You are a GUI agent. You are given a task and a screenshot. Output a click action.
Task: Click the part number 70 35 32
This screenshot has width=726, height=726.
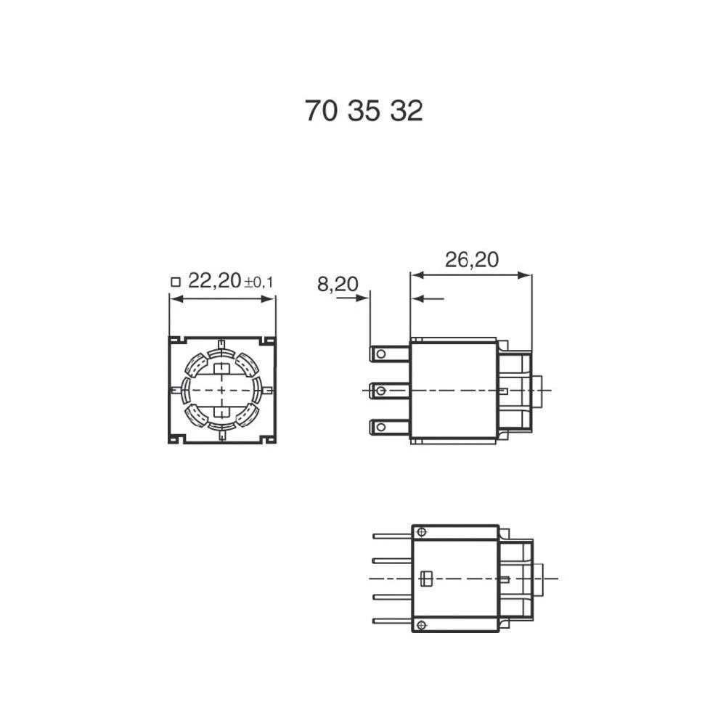363,111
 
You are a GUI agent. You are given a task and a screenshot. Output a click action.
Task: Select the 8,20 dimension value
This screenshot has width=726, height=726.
338,284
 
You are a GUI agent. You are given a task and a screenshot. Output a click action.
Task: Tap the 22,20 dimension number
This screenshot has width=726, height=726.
214,281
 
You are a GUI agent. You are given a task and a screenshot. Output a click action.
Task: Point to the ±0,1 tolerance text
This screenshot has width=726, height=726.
258,282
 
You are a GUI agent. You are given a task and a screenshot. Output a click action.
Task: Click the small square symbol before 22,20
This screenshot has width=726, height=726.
174,282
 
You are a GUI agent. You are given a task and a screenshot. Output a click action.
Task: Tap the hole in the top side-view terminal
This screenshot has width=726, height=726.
380,354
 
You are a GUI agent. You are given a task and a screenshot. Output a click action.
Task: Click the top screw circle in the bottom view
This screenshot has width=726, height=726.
422,532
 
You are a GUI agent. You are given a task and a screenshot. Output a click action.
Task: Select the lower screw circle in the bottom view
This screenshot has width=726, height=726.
422,625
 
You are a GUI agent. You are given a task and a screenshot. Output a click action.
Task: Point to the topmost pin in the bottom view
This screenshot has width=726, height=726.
391,536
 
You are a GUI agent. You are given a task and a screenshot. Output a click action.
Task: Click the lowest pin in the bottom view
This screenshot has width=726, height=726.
391,621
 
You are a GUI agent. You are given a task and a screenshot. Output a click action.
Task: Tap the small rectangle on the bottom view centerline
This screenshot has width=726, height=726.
426,579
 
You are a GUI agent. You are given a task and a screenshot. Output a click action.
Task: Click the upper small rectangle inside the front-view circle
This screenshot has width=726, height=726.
221,367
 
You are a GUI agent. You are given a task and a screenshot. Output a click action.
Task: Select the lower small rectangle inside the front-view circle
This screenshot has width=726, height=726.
221,412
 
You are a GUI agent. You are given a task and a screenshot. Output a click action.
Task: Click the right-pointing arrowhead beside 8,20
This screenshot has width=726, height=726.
364,298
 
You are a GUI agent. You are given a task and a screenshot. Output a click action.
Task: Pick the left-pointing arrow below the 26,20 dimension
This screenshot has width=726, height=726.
417,298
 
